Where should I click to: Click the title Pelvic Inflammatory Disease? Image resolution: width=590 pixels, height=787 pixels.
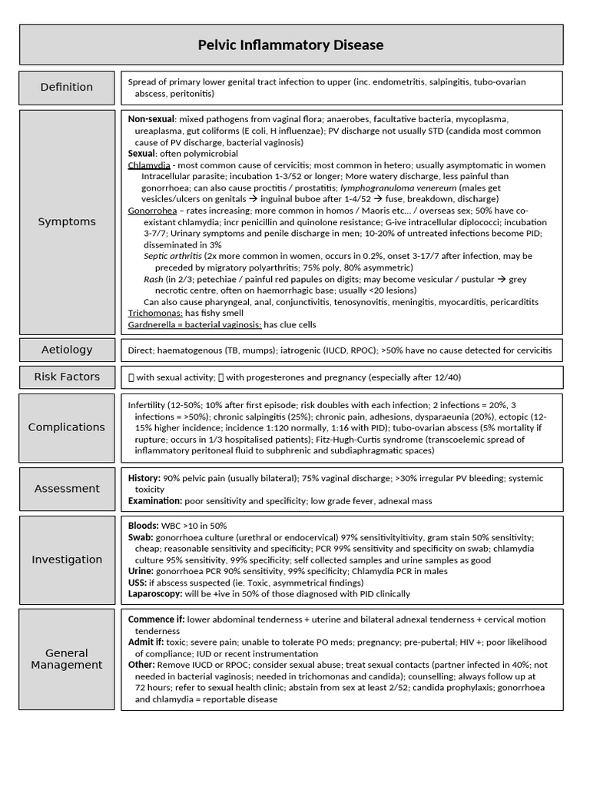(291, 45)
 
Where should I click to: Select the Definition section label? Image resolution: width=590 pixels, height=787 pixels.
(67, 87)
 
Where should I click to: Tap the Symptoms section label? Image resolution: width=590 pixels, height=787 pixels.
(67, 221)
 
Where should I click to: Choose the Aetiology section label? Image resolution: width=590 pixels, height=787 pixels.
(67, 350)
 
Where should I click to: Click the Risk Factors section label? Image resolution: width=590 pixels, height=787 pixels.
(67, 377)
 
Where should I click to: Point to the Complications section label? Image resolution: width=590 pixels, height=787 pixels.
(67, 427)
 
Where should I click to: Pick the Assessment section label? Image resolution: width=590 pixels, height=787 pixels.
(67, 488)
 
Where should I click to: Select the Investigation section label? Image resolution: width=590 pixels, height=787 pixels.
(67, 560)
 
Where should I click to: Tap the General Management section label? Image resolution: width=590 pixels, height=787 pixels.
(67, 659)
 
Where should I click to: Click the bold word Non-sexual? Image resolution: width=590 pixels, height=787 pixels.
(151, 120)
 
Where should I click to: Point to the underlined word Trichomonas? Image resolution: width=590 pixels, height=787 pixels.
(155, 314)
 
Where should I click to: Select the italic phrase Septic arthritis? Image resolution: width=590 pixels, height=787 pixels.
(173, 256)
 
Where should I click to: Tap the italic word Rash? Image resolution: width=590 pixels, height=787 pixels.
(154, 279)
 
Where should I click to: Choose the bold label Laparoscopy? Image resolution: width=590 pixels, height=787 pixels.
(155, 594)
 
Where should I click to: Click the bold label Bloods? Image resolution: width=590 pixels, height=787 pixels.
(144, 526)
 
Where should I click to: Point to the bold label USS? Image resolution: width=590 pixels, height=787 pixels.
(137, 583)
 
